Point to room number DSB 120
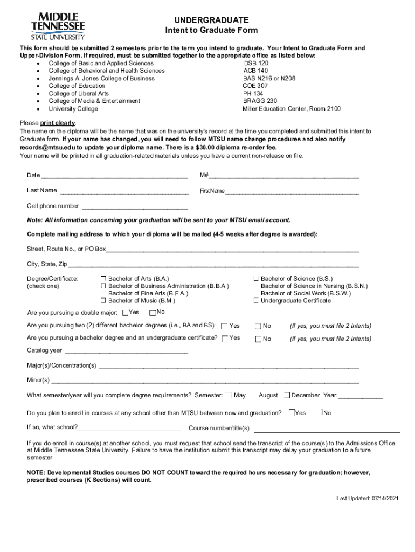pyautogui.click(x=256, y=63)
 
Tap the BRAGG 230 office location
pyautogui.click(x=260, y=101)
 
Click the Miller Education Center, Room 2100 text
pyautogui.click(x=291, y=108)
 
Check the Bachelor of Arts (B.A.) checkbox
pyautogui.click(x=103, y=279)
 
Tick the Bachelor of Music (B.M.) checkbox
pyautogui.click(x=103, y=300)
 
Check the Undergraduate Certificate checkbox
pyautogui.click(x=256, y=300)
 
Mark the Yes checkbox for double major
pyautogui.click(x=125, y=313)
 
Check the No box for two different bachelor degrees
pyautogui.click(x=258, y=326)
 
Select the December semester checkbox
pyautogui.click(x=287, y=395)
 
